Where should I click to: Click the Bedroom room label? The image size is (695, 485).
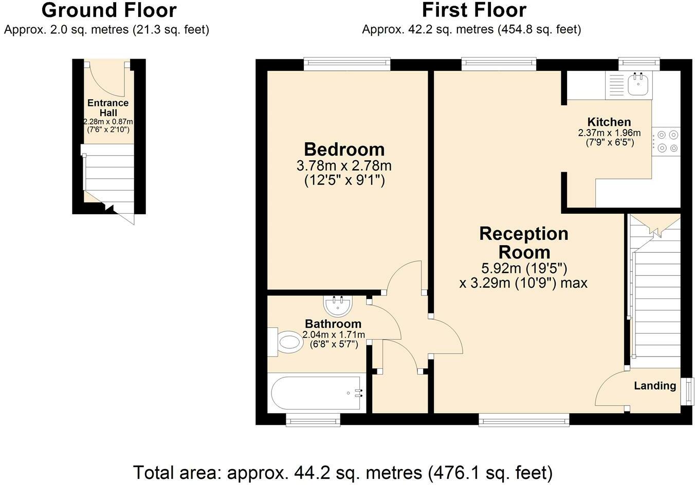[x=344, y=150]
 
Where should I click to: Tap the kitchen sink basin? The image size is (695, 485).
[x=638, y=84]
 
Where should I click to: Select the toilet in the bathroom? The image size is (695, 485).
[x=285, y=342]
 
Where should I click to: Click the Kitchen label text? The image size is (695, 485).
[x=609, y=122]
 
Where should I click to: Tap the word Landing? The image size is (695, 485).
[x=655, y=386]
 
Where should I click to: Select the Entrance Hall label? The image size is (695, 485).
[x=108, y=107]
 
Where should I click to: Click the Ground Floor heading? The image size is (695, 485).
[x=109, y=10]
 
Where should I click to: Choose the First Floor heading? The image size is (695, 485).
[x=474, y=10]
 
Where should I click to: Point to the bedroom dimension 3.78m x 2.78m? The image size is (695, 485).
[x=344, y=166]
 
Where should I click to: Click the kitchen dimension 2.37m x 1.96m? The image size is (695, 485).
[x=609, y=133]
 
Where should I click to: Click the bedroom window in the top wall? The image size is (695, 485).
[x=347, y=65]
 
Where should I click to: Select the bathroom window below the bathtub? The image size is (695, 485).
[x=313, y=420]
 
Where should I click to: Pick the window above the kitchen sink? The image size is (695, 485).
[x=639, y=65]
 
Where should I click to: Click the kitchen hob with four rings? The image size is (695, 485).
[x=666, y=142]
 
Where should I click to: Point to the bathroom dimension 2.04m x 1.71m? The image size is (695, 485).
[x=334, y=335]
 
